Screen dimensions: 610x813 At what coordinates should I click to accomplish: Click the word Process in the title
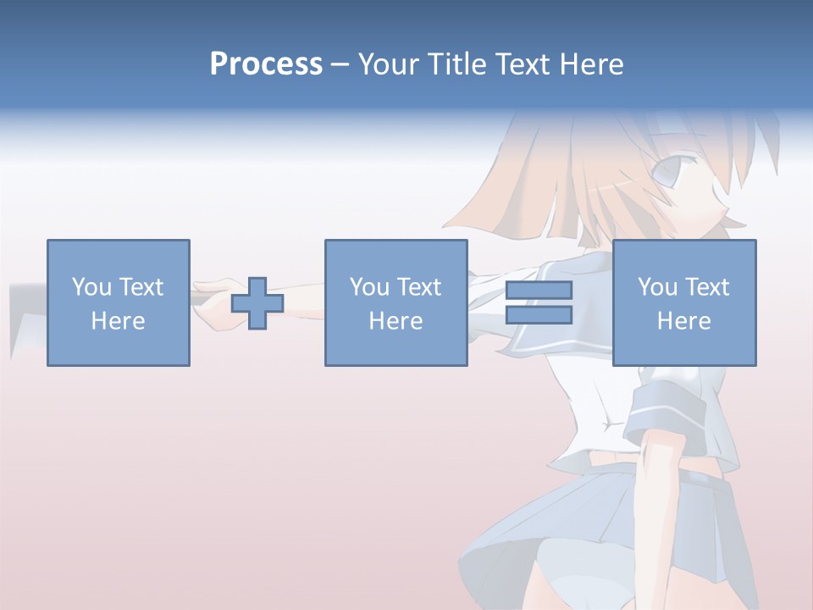[x=266, y=64]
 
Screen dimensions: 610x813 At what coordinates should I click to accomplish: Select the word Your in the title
[x=389, y=64]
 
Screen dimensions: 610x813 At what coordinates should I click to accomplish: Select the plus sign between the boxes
[x=257, y=302]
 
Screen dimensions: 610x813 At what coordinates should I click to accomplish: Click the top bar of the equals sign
[x=539, y=291]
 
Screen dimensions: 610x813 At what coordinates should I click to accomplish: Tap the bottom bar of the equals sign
[x=539, y=315]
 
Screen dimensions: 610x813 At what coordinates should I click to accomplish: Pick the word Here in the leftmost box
[x=118, y=321]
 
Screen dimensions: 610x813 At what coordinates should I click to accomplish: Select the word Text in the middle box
[x=418, y=287]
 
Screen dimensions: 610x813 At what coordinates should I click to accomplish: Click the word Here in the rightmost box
[x=683, y=321]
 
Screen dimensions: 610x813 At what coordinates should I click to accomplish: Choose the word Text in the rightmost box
[x=706, y=287]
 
